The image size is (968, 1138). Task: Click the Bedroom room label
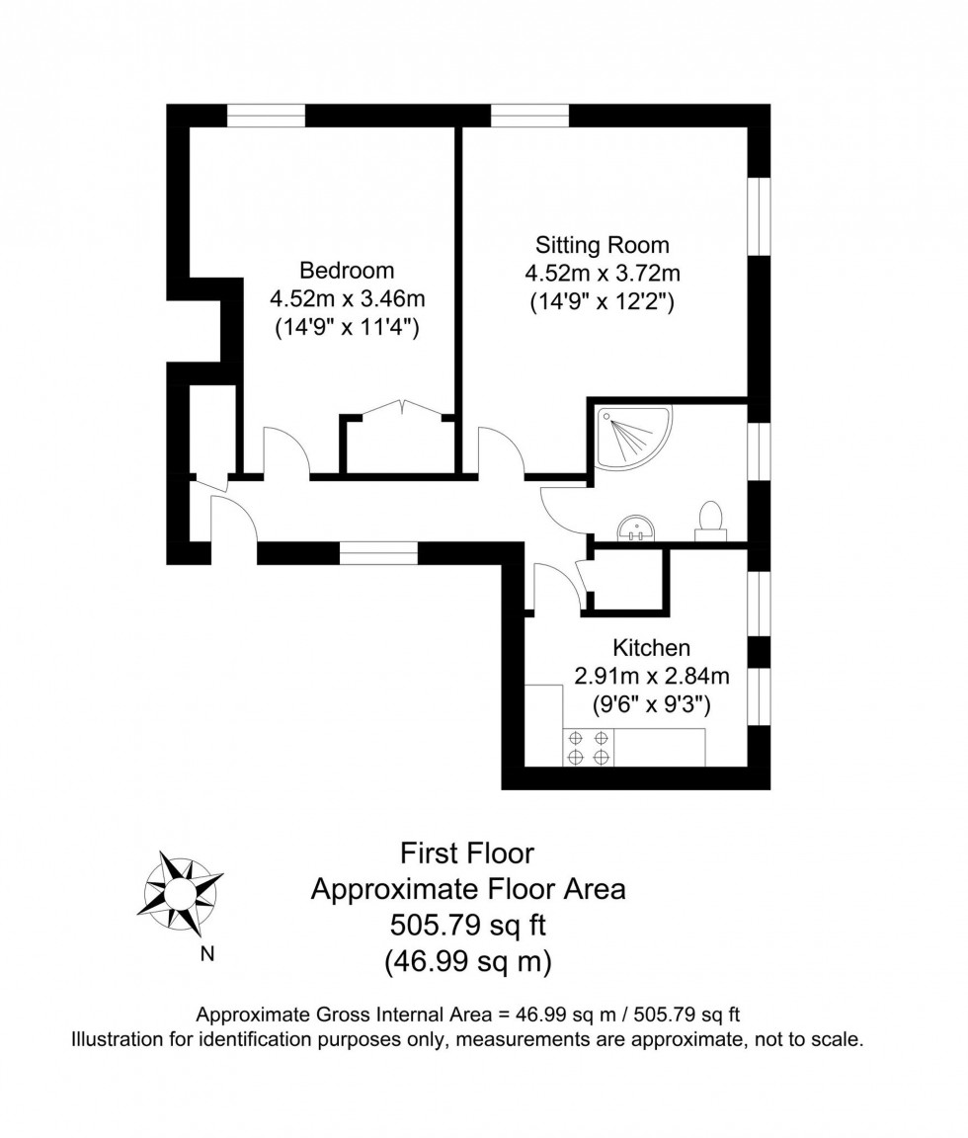pos(347,270)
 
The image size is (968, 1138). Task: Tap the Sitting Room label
pos(602,244)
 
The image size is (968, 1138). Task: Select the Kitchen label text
pos(651,648)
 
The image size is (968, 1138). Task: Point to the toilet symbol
pos(709,521)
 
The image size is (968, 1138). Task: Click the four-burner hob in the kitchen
pos(588,747)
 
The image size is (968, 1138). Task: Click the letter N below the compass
pos(207,954)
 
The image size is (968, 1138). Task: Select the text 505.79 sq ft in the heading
pos(467,925)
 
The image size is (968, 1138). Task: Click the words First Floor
pos(467,853)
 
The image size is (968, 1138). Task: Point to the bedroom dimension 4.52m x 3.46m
pos(347,298)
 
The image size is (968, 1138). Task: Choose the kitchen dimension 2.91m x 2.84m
pos(651,677)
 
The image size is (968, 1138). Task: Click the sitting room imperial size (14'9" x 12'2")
pos(602,302)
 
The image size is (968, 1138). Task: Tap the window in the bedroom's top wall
pos(266,116)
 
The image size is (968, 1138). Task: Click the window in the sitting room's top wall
pos(529,116)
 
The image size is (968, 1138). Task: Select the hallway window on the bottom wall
pos(378,552)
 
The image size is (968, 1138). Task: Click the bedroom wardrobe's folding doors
pos(399,408)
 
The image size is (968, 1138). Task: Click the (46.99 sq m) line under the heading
pos(467,960)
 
